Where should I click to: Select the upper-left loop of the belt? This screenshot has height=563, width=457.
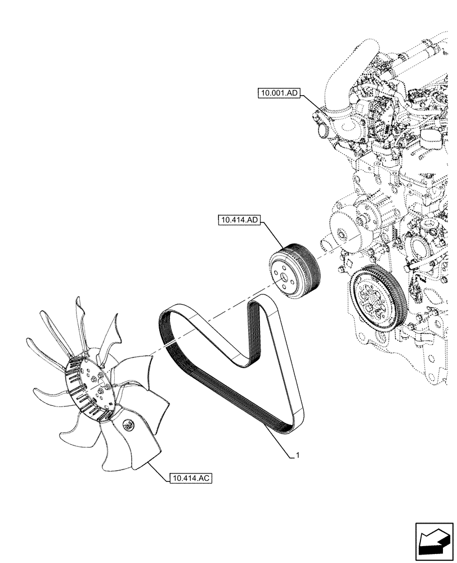169,321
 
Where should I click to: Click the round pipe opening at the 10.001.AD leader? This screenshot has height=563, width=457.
324,130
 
